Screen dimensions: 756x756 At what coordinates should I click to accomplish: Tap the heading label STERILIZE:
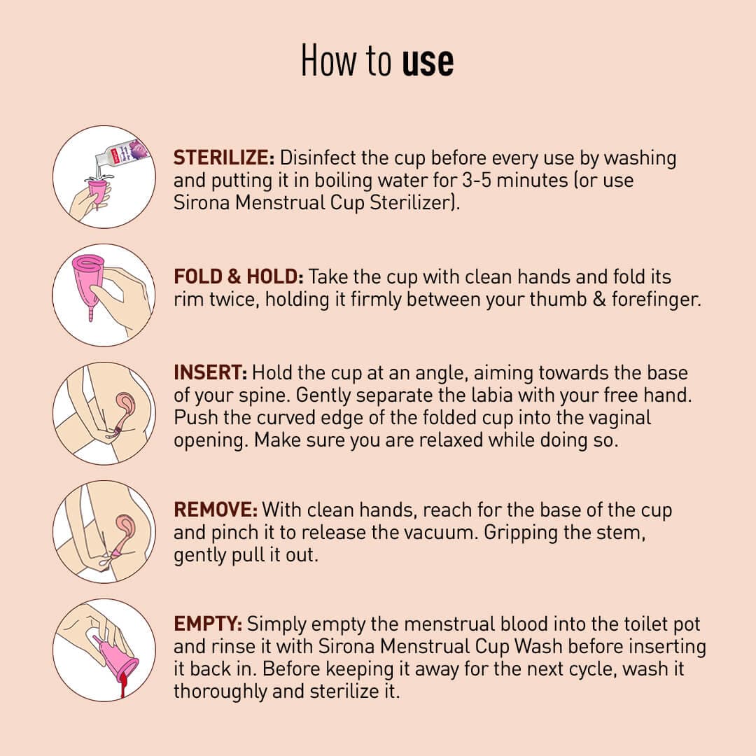pos(224,157)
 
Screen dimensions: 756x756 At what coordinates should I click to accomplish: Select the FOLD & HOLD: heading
pos(238,276)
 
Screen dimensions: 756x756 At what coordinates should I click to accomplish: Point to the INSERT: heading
pos(210,372)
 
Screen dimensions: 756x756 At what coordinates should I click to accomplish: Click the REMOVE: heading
pos(216,510)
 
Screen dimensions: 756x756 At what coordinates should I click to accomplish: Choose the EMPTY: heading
pos(208,624)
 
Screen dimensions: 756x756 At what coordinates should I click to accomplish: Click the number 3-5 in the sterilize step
pos(477,181)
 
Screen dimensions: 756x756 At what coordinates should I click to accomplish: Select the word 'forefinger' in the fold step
pos(655,300)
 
